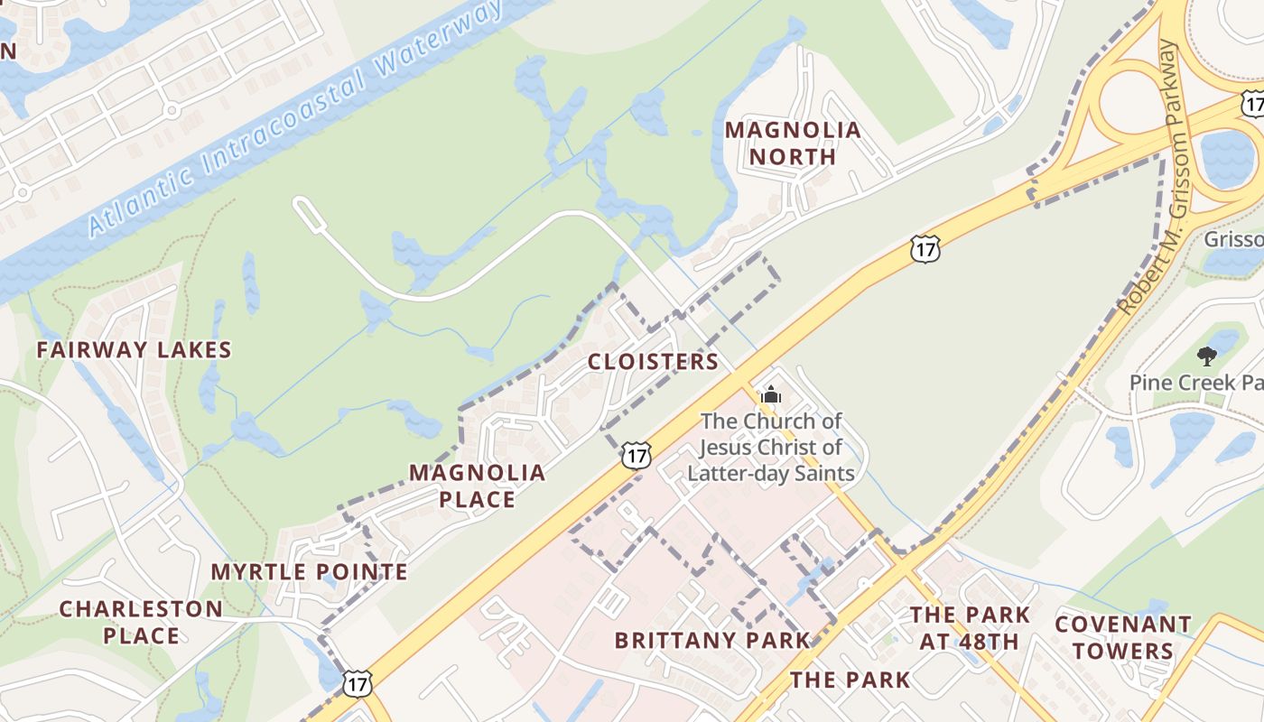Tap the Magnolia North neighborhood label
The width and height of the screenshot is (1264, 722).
coord(793,143)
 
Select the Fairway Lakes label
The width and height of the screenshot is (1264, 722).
coord(135,350)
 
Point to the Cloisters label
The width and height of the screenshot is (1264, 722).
coord(653,362)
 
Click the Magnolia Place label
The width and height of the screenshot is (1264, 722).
coord(477,486)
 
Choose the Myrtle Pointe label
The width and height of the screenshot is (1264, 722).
coord(309,572)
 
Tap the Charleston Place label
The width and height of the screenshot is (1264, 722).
coord(141,622)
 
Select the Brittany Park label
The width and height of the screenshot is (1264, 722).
coord(712,641)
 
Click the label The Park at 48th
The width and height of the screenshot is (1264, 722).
coord(970,628)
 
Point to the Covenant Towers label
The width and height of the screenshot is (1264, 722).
coord(1123,637)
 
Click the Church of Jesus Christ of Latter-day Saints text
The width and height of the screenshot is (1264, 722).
coord(771,447)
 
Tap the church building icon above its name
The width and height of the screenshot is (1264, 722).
coord(770,394)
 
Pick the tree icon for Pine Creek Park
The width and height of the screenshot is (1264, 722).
coord(1206,356)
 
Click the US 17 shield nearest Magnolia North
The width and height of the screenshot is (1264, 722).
coord(925,249)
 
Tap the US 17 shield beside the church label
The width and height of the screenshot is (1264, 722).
coord(637,456)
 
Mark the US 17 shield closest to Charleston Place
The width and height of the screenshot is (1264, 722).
coord(357,683)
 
